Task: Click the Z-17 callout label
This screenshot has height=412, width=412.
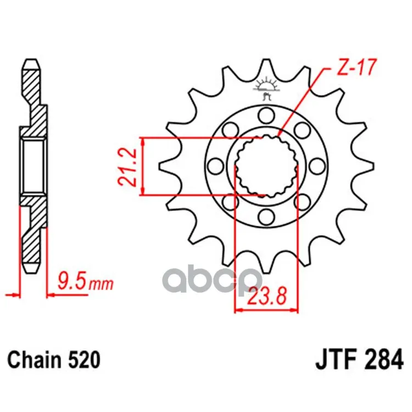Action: click(x=357, y=67)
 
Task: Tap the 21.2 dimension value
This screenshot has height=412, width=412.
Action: click(x=127, y=168)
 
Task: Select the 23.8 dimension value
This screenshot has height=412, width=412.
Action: click(x=267, y=296)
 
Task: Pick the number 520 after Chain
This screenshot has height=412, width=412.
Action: click(x=84, y=360)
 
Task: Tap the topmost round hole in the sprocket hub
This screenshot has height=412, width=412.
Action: click(x=266, y=115)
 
